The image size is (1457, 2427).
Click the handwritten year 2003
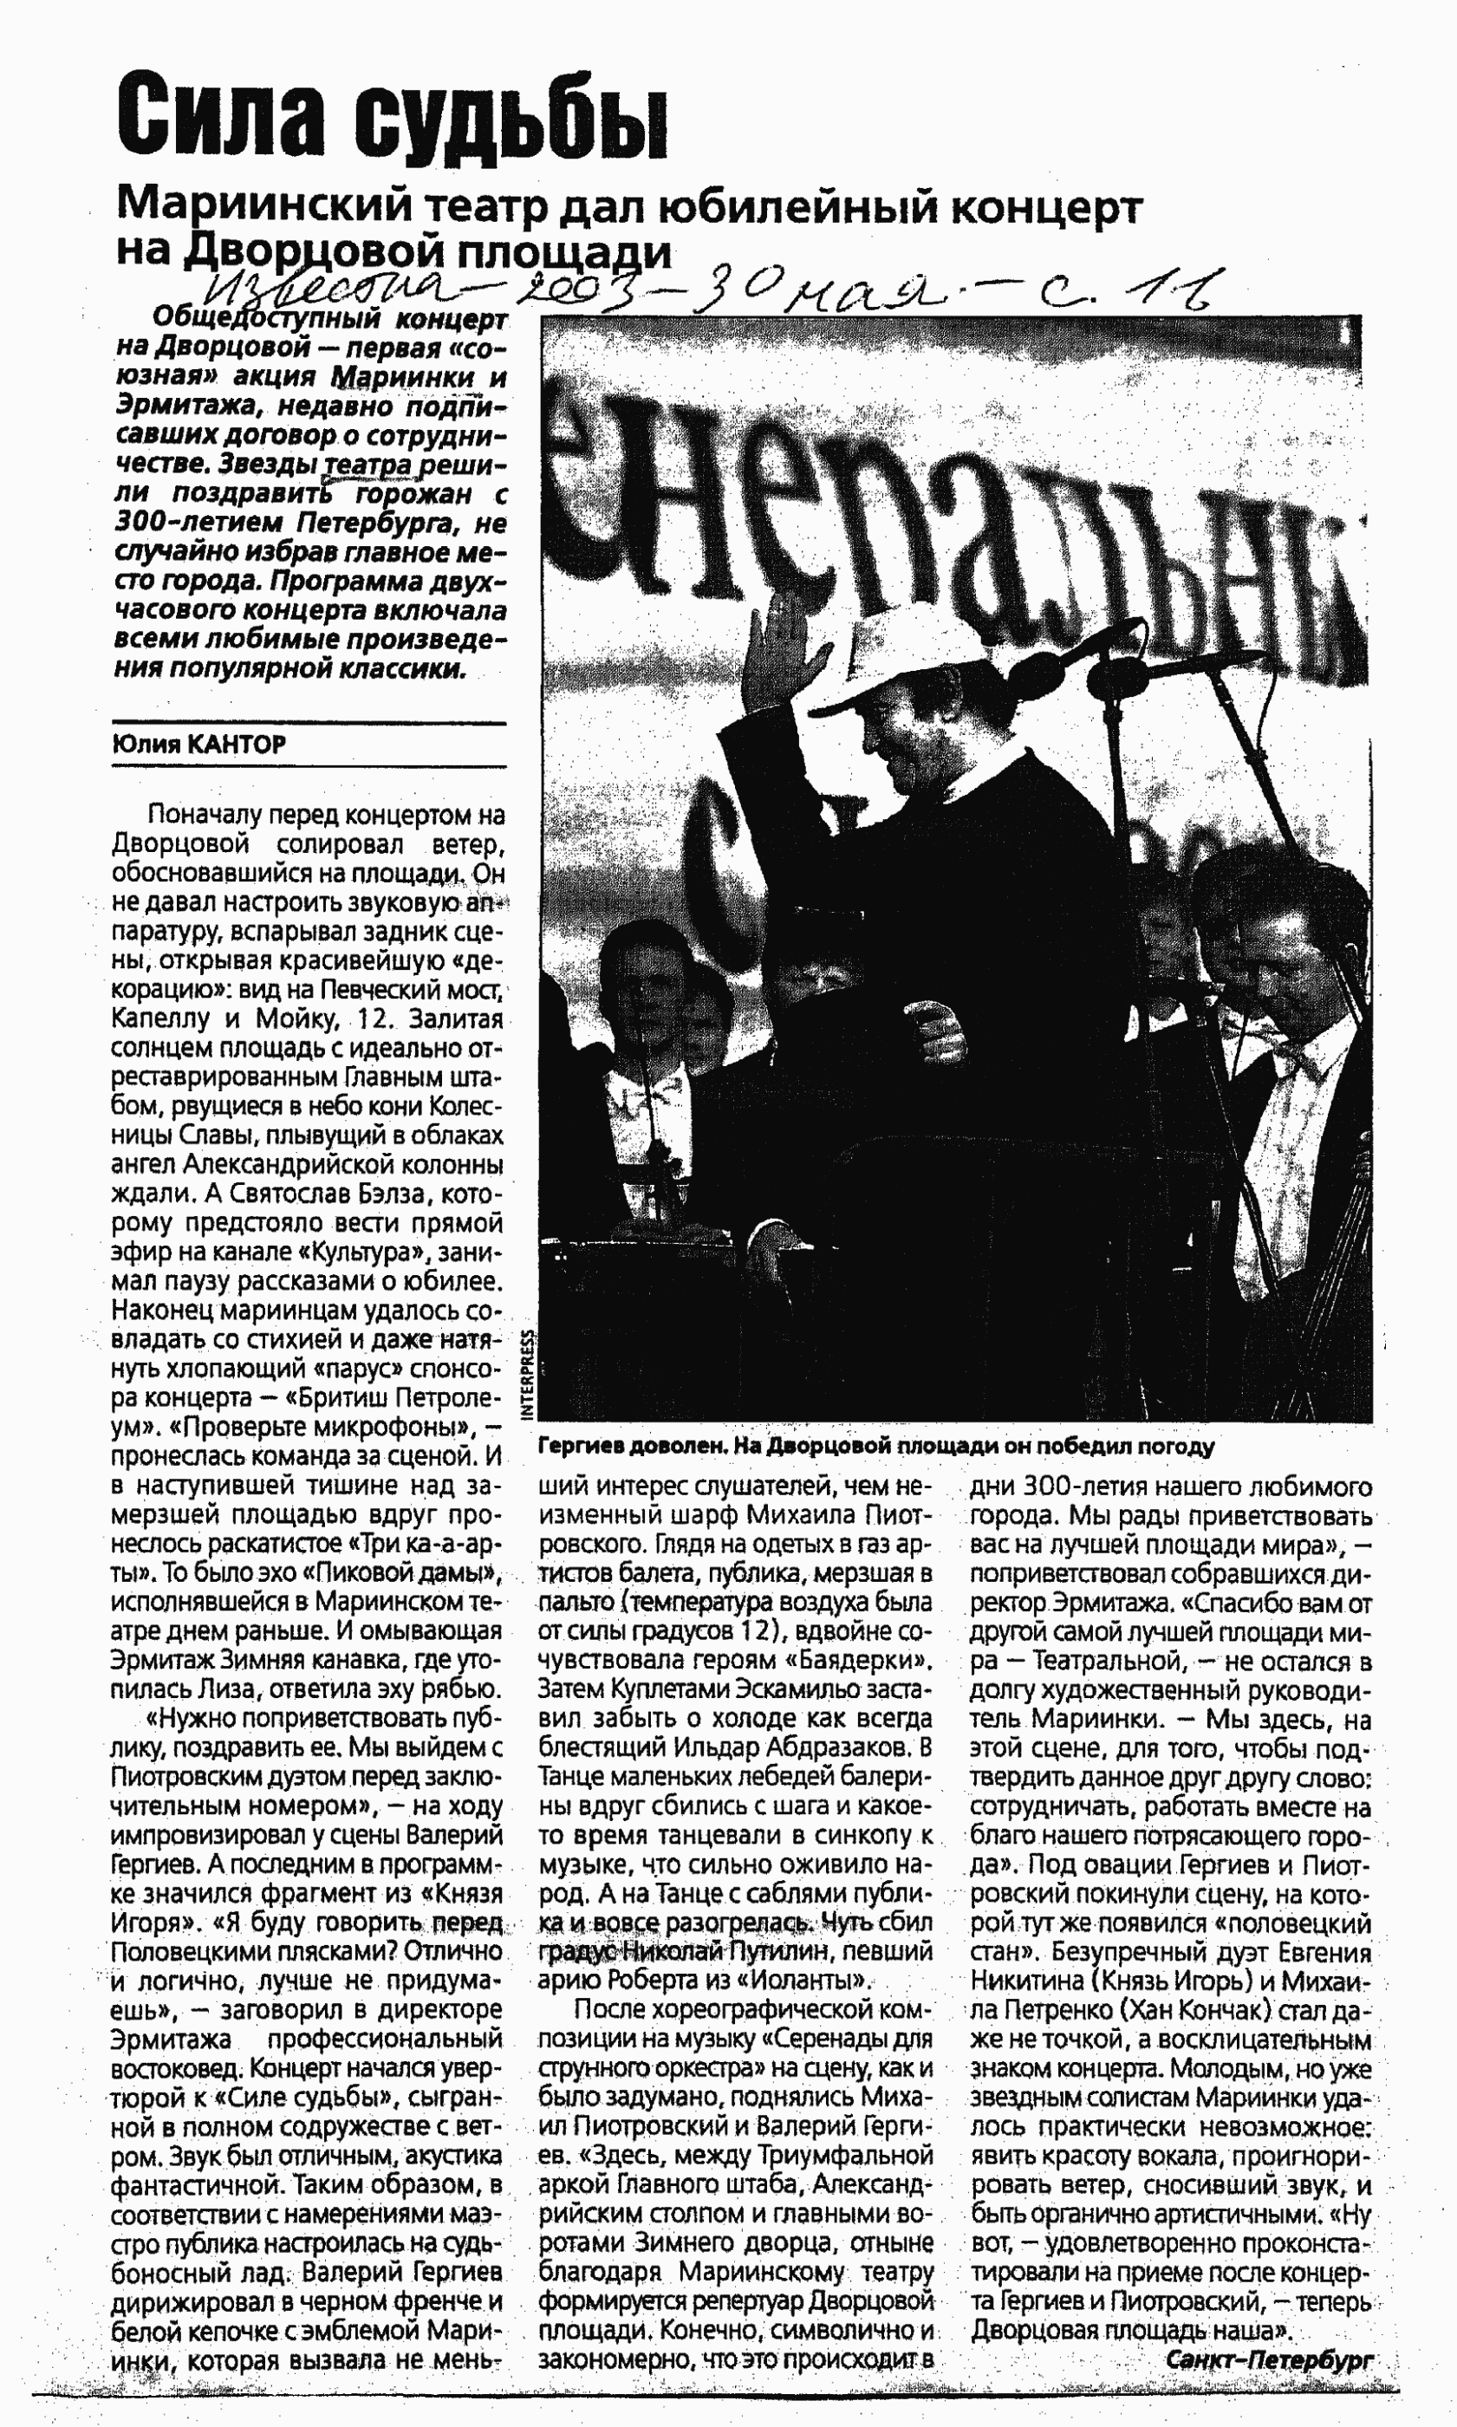(585, 284)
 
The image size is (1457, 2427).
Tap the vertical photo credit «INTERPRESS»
(528, 1374)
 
